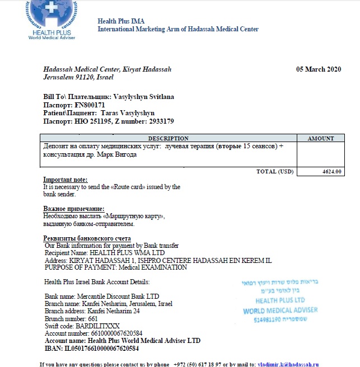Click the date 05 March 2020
click(318, 69)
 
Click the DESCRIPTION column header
click(168, 138)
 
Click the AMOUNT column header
click(321, 138)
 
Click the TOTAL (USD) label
click(274, 172)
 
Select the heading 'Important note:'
click(62, 180)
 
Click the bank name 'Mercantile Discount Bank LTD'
click(119, 297)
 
